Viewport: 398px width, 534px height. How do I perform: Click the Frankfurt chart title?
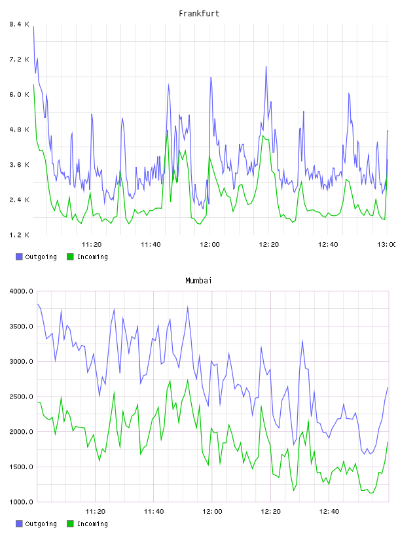(199, 14)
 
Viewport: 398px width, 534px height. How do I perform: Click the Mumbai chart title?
(198, 281)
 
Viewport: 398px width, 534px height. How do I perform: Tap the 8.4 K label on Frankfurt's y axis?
(19, 24)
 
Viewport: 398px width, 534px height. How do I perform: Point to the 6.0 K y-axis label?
(19, 94)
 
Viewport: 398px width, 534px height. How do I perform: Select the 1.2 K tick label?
(19, 235)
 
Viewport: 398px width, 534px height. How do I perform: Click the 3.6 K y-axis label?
(19, 164)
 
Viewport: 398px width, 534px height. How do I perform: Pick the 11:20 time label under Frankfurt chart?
(92, 244)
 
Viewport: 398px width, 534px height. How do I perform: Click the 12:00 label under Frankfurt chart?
(209, 244)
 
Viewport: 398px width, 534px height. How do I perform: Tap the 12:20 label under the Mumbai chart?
(270, 511)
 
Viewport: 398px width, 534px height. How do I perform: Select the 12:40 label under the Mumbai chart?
(329, 511)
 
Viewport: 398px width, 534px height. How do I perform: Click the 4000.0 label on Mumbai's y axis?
(21, 291)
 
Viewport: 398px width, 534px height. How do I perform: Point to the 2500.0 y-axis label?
(21, 397)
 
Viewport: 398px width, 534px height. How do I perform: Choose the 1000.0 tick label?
(21, 502)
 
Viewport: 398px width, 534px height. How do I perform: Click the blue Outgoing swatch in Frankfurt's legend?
(19, 257)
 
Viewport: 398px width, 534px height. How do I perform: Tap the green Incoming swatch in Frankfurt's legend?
(70, 257)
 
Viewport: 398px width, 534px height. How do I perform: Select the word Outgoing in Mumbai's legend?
(41, 524)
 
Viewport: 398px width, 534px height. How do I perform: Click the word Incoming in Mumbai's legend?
(92, 524)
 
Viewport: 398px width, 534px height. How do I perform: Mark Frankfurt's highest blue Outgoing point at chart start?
(33, 27)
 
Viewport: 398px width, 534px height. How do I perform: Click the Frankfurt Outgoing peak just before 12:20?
(266, 67)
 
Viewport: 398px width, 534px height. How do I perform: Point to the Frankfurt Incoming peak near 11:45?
(167, 130)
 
